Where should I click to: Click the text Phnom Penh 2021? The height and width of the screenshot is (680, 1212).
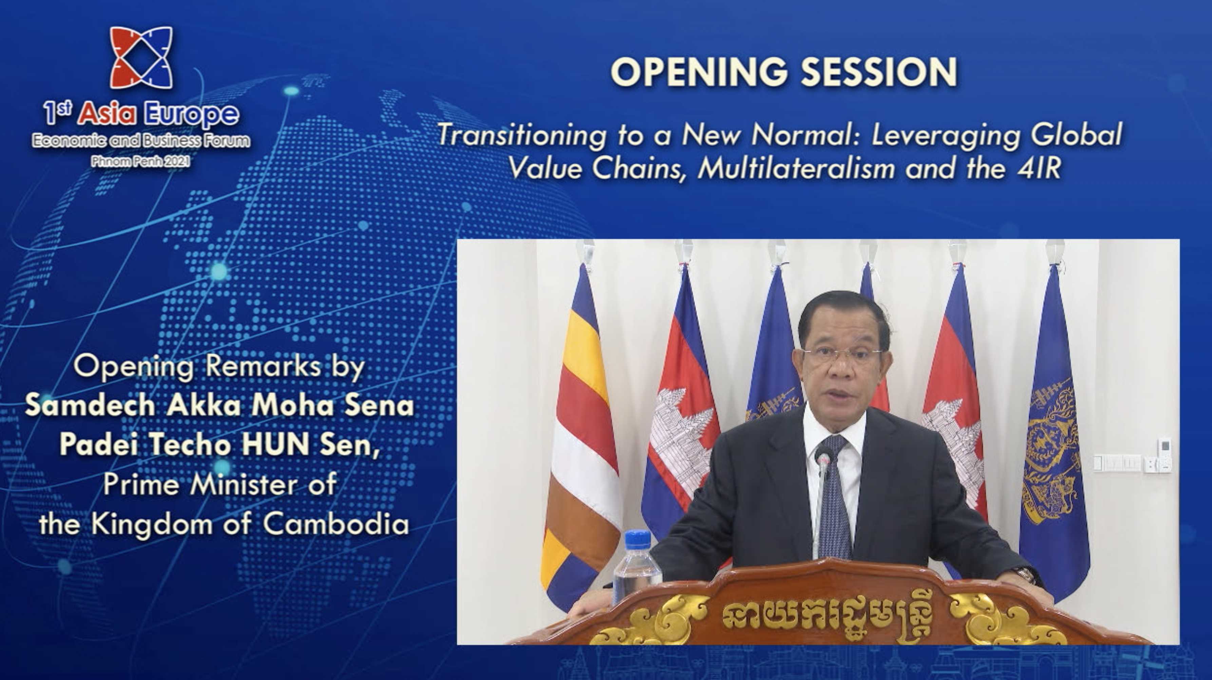pos(141,162)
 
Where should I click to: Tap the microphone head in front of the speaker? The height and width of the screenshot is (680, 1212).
pos(823,459)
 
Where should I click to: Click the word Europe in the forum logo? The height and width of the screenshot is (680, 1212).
pos(191,114)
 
